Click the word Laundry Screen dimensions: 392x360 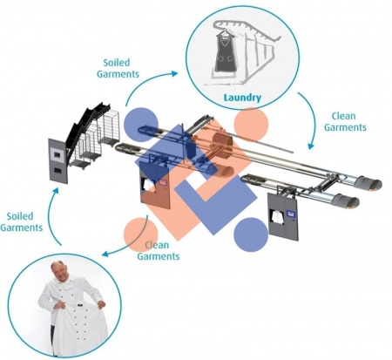click(242, 98)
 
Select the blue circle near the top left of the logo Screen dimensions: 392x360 click(141, 125)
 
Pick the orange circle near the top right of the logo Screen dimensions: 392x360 click(251, 125)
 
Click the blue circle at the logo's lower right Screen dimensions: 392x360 click(251, 234)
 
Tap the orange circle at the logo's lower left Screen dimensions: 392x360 click(141, 234)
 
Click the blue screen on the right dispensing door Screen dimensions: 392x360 click(291, 214)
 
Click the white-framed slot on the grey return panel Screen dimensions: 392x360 click(57, 155)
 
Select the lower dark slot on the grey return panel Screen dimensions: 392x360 click(57, 171)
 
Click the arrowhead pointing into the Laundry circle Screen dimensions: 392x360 click(175, 73)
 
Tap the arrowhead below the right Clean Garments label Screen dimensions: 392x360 click(311, 146)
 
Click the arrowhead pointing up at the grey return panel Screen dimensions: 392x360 click(56, 191)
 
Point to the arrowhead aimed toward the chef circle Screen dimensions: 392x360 click(105, 254)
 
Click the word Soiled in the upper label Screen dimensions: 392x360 click(117, 63)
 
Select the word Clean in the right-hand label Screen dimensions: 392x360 click(343, 116)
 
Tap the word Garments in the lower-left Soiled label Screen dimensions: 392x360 click(22, 228)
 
